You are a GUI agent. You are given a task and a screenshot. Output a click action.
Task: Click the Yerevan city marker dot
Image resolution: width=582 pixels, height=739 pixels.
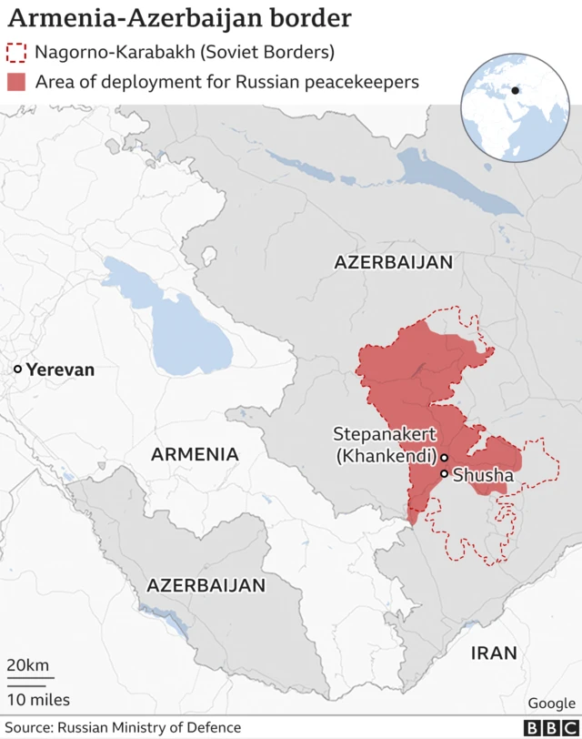click(x=17, y=369)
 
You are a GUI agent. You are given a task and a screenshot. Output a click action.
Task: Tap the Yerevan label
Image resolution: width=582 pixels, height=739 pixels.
click(x=60, y=369)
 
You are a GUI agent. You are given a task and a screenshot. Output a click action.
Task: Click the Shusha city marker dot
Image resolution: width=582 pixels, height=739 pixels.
click(x=444, y=474)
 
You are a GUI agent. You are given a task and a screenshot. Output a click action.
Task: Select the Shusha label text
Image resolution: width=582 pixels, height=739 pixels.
click(x=483, y=475)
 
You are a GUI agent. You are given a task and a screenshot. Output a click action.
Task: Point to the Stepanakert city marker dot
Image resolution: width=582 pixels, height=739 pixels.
click(x=445, y=457)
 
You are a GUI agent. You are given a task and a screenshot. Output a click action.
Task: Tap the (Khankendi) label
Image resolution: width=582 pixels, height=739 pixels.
click(x=386, y=456)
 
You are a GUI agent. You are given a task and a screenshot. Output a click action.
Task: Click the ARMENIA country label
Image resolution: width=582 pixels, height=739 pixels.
click(x=195, y=453)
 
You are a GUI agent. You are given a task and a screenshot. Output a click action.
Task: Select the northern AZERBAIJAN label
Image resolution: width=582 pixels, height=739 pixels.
click(x=393, y=262)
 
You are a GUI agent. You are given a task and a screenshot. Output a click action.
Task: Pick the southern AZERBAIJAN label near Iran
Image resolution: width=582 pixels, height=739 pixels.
click(x=206, y=585)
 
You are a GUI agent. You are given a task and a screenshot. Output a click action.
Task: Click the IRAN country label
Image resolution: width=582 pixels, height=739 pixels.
click(x=494, y=653)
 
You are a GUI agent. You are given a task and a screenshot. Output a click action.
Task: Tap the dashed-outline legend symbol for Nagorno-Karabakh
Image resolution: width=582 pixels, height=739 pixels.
click(x=16, y=52)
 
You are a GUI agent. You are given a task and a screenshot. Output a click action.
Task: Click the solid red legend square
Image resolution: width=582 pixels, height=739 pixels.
click(x=16, y=81)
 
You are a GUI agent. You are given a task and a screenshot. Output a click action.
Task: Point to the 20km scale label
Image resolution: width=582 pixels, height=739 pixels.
click(x=28, y=665)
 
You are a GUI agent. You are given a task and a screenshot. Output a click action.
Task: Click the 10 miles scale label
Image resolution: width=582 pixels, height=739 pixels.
click(x=38, y=699)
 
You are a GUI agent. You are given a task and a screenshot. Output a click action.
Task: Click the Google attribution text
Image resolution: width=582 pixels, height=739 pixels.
click(x=552, y=703)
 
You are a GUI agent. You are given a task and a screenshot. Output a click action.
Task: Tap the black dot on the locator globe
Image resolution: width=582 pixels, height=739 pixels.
click(x=516, y=90)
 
